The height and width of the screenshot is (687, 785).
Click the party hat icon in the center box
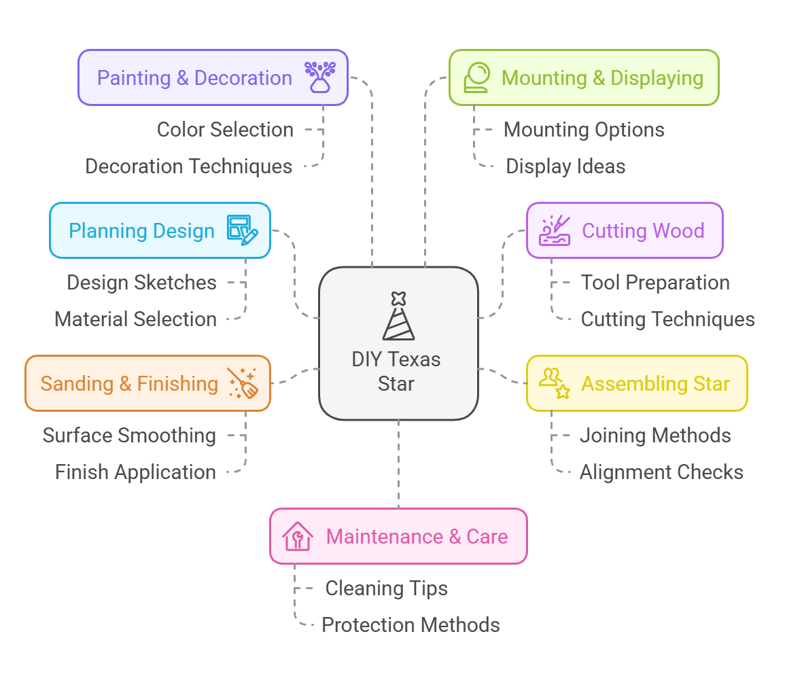(x=398, y=316)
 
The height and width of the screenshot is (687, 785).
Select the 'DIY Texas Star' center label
(x=396, y=371)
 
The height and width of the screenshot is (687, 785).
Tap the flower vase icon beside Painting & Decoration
(x=319, y=77)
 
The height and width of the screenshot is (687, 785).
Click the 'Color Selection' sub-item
(x=225, y=129)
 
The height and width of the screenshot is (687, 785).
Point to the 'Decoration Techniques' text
(x=188, y=166)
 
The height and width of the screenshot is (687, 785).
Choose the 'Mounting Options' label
(x=584, y=129)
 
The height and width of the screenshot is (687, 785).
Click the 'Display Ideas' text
(x=565, y=166)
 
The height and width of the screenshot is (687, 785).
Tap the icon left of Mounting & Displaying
(x=476, y=77)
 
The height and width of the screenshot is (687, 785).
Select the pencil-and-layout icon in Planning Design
(x=243, y=230)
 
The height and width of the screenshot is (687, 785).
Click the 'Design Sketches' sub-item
(x=141, y=282)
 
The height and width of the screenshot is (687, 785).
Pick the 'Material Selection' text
(x=135, y=319)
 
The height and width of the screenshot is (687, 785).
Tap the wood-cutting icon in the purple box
(x=555, y=230)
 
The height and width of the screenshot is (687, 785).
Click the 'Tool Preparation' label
(x=655, y=282)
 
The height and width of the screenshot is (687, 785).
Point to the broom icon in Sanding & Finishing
(x=242, y=383)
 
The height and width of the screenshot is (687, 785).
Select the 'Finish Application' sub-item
(x=135, y=472)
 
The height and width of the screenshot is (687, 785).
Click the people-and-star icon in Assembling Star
(x=554, y=383)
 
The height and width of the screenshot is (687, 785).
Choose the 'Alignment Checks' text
(x=661, y=472)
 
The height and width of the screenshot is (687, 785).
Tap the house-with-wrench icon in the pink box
(x=298, y=536)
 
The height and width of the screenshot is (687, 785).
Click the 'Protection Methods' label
(x=411, y=624)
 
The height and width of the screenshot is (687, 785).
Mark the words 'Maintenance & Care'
(x=417, y=536)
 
